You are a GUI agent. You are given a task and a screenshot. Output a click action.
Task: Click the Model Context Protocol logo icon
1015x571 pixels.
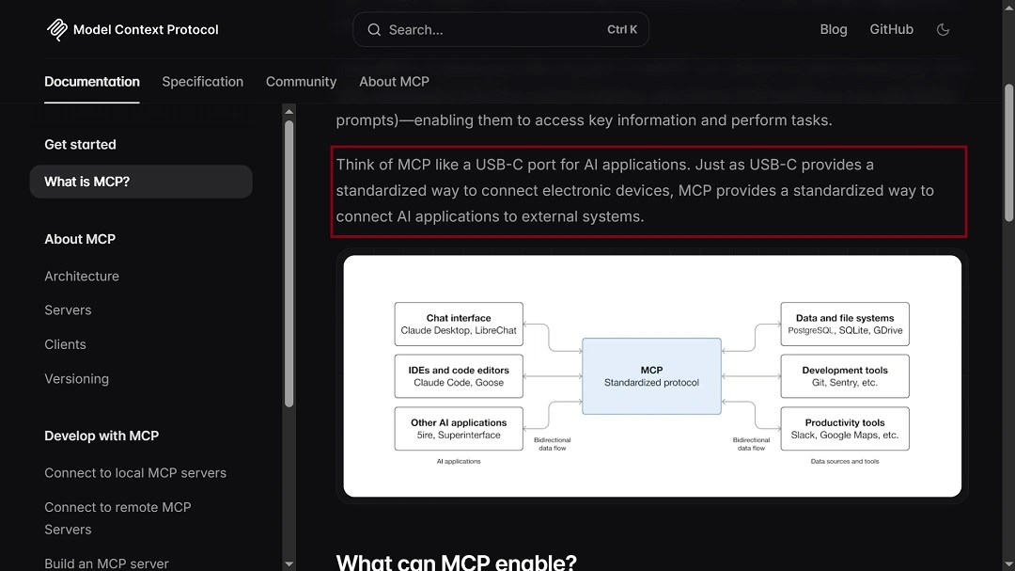(57, 29)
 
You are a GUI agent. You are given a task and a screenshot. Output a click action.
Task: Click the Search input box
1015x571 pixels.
(500, 30)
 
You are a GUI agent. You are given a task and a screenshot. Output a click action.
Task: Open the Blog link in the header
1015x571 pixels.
(833, 29)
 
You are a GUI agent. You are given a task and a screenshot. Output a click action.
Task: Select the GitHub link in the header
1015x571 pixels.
(891, 29)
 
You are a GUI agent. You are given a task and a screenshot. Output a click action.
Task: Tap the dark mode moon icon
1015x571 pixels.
(944, 29)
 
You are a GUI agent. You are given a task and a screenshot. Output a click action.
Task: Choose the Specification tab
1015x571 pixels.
(202, 82)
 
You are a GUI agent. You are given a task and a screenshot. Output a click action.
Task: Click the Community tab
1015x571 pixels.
(301, 82)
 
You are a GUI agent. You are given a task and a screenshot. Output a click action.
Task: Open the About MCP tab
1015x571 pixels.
(394, 82)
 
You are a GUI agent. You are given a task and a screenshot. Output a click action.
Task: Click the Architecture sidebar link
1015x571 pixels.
(82, 277)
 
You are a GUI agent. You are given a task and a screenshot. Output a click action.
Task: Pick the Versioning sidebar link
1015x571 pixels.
(76, 379)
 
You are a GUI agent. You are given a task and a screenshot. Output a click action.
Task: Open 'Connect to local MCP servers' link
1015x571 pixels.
(135, 473)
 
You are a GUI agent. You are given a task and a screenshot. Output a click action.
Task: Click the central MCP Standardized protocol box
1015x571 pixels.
(651, 376)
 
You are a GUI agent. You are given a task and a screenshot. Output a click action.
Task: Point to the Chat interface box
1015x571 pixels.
(459, 325)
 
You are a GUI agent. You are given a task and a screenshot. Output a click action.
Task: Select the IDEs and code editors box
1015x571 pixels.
(459, 376)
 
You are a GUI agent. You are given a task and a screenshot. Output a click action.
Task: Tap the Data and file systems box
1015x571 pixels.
(845, 325)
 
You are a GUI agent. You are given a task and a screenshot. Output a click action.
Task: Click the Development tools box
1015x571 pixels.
(845, 376)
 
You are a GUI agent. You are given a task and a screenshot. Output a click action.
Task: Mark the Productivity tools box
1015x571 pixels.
(845, 429)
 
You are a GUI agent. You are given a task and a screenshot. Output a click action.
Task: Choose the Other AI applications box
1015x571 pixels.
(459, 429)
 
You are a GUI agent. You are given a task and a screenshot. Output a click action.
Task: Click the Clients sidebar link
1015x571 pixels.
(65, 344)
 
